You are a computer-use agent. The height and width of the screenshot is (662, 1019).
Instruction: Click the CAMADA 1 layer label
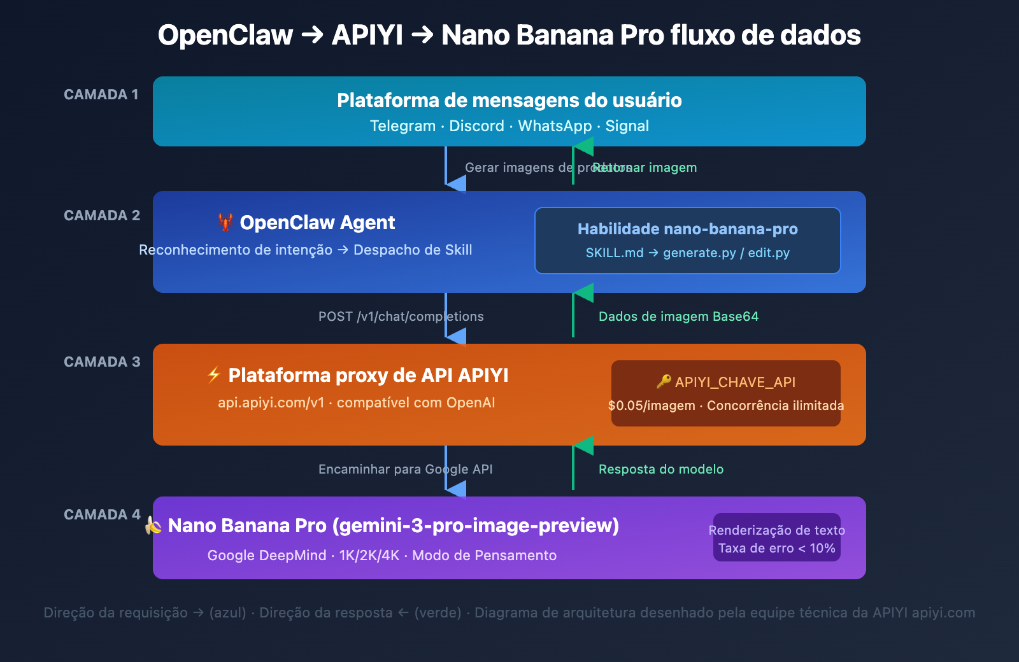(x=101, y=94)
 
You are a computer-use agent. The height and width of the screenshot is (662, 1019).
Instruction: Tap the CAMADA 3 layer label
(x=102, y=362)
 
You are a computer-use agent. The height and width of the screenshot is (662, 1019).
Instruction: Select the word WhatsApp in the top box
(x=555, y=126)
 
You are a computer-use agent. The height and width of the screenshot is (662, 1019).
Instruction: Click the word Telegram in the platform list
(x=403, y=126)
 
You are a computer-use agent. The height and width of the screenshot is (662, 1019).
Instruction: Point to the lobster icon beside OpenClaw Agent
(x=225, y=222)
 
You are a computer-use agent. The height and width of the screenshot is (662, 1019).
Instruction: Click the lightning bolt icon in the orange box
(x=214, y=375)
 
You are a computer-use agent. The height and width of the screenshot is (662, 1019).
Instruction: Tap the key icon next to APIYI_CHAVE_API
(x=664, y=381)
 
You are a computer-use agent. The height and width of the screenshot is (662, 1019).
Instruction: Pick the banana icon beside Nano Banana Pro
(x=153, y=525)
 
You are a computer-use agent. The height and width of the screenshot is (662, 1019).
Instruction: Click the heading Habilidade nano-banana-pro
(x=687, y=229)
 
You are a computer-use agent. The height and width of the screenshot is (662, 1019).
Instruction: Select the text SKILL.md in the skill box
(x=615, y=253)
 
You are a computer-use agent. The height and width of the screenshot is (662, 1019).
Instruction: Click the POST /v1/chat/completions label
(x=401, y=316)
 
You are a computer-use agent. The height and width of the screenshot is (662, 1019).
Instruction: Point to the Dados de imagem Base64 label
(x=678, y=316)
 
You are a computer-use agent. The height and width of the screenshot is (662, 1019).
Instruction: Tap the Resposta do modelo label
(x=660, y=469)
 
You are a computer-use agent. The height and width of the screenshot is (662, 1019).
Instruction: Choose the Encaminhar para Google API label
(x=405, y=469)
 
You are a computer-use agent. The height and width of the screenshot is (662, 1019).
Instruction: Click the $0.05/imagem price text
(x=651, y=405)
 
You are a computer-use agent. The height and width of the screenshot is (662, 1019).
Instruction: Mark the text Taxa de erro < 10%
(x=776, y=548)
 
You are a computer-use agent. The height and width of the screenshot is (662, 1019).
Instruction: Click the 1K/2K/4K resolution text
(x=369, y=555)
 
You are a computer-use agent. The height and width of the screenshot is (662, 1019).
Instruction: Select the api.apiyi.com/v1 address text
(x=271, y=402)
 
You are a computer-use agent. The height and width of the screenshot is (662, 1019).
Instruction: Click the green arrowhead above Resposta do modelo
(x=583, y=446)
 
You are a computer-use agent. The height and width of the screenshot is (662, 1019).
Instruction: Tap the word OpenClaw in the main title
(x=225, y=35)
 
